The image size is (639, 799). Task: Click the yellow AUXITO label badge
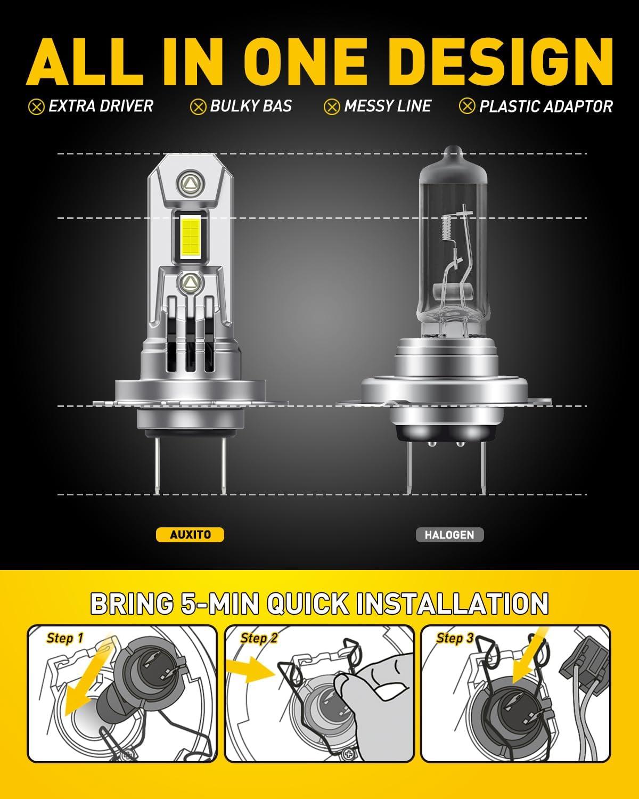tap(190, 535)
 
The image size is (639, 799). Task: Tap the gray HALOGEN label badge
tap(449, 535)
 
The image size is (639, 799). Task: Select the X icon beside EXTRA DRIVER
tap(36, 107)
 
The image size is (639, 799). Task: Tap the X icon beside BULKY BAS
tap(198, 107)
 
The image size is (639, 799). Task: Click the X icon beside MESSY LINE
tap(332, 107)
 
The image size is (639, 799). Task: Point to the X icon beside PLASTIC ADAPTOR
tap(466, 107)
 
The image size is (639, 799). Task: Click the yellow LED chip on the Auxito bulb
tap(190, 237)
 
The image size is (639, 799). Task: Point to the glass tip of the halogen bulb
tap(453, 153)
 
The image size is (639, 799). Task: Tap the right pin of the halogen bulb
tap(483, 468)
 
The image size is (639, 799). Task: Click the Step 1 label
tap(64, 639)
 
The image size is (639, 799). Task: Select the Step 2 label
tap(259, 639)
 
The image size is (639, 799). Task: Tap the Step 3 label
tap(455, 639)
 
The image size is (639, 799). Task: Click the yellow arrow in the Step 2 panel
tap(250, 670)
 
